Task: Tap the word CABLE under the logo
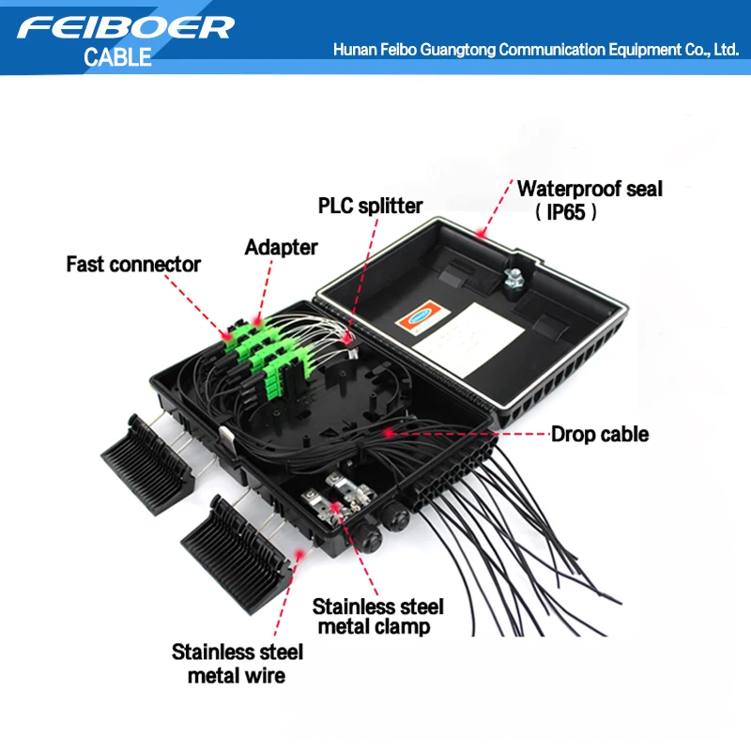pyautogui.click(x=117, y=56)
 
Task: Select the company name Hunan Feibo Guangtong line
pyautogui.click(x=536, y=49)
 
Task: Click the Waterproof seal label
pyautogui.click(x=590, y=189)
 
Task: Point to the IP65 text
pyautogui.click(x=566, y=212)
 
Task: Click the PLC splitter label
pyautogui.click(x=370, y=206)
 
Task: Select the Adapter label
pyautogui.click(x=281, y=248)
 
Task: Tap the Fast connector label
pyautogui.click(x=133, y=265)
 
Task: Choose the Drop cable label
pyautogui.click(x=599, y=434)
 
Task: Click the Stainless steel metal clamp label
pyautogui.click(x=377, y=616)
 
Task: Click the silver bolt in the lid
pyautogui.click(x=513, y=278)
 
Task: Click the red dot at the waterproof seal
pyautogui.click(x=483, y=231)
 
